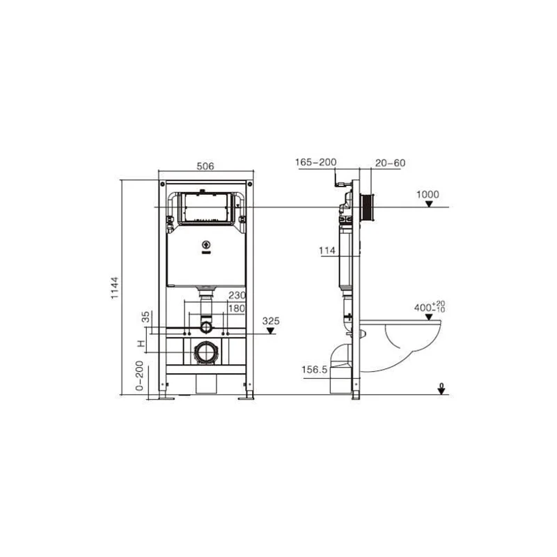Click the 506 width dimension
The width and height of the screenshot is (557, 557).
205,166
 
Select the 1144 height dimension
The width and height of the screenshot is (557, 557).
116,288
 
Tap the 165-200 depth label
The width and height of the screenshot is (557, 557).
315,162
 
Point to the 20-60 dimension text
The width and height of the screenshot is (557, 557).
390,163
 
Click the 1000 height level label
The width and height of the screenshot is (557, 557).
429,194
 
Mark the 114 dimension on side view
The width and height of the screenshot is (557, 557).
328,251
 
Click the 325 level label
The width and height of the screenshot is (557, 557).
272,321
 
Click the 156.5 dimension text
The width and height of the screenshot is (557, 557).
315,370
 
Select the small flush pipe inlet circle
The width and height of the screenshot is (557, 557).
205,324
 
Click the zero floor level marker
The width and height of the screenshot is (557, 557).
441,389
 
